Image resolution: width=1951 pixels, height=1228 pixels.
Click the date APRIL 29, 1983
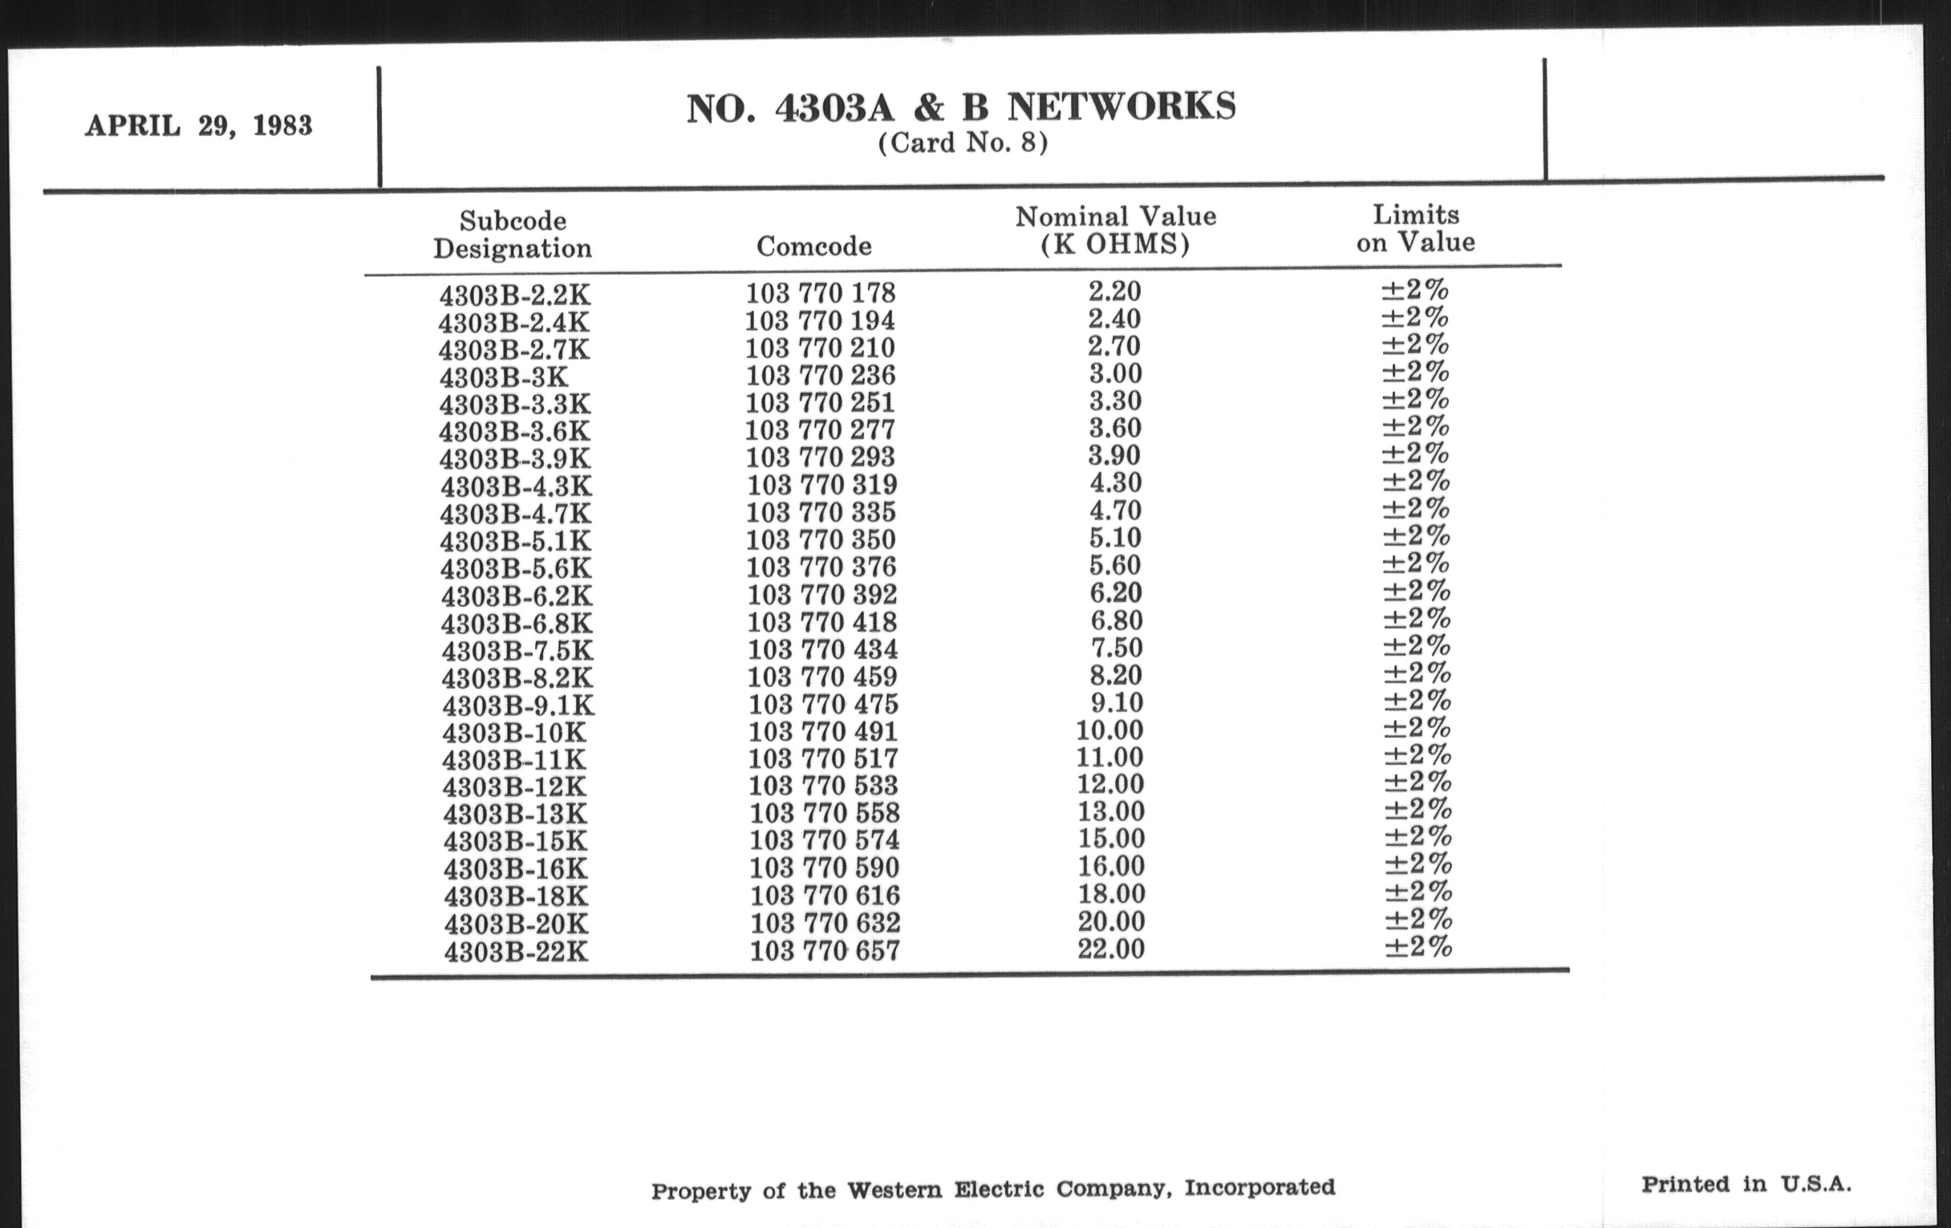point(198,127)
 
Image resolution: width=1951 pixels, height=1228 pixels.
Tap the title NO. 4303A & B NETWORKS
point(961,108)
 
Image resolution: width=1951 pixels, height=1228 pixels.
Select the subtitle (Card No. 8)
point(963,144)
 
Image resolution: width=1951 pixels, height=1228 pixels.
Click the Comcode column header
point(813,246)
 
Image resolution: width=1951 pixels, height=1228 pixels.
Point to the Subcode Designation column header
point(512,234)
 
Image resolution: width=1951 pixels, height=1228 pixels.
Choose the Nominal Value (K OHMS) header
point(1115,230)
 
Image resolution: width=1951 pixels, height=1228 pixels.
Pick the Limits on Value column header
point(1415,229)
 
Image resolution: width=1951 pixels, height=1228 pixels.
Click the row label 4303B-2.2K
point(513,295)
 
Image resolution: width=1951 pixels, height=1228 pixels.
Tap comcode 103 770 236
point(820,376)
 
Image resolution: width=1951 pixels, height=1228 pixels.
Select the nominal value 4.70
point(1115,510)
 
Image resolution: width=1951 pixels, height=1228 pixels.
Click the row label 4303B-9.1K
point(517,705)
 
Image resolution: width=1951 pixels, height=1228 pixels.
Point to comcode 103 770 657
point(824,950)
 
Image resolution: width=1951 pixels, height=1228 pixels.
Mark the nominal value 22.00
point(1111,949)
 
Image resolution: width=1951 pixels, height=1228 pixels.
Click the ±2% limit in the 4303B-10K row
point(1417,728)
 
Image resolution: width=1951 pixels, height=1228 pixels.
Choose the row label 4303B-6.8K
point(516,624)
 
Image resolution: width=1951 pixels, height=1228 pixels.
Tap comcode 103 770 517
point(823,758)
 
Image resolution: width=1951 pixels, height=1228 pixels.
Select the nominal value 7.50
point(1116,648)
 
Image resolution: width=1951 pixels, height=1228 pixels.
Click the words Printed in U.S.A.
point(1746,1184)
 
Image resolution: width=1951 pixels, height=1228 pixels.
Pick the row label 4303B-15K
point(515,840)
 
